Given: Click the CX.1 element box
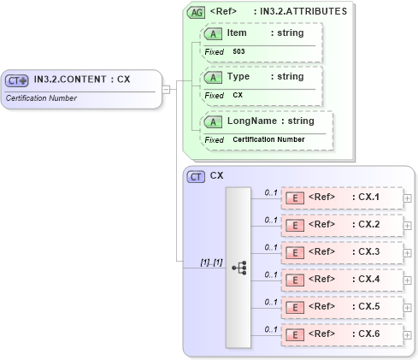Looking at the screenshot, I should point(342,198).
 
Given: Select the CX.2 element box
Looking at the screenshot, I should point(342,225).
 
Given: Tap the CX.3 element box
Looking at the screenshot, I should point(342,252).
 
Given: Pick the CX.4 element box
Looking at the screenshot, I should point(342,280).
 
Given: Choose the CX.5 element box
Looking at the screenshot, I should point(342,307).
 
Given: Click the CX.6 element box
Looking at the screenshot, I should point(342,334).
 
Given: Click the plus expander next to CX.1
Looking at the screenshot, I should point(407,198).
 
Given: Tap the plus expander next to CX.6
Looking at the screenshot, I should point(407,334).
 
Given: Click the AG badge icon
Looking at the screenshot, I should point(196,13).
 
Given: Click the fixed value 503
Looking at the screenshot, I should point(239,52).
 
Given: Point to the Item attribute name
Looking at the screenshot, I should point(237,32).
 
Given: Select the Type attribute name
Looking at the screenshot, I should point(238,77).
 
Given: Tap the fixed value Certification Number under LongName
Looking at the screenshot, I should point(268,139).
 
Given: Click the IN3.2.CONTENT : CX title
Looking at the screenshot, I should point(82,80).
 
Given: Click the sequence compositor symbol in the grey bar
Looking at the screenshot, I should point(238,267).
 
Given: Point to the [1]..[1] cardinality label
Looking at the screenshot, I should point(211,262).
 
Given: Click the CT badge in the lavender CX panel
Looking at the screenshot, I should point(196,176).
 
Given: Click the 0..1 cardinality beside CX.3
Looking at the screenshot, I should point(271,247).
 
